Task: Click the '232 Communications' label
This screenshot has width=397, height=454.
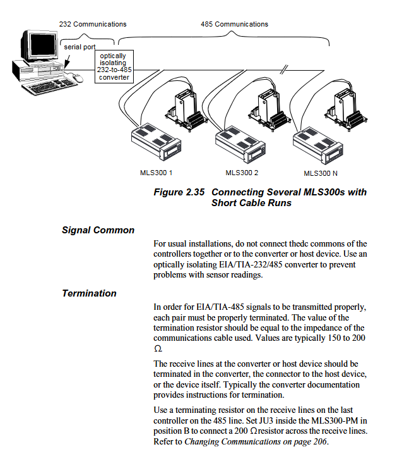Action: click(x=93, y=24)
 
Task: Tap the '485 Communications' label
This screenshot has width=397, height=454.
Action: click(x=234, y=24)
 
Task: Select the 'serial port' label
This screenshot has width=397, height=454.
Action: click(x=79, y=47)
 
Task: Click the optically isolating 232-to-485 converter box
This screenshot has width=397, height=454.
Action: click(x=113, y=66)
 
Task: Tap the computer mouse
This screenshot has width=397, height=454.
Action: click(x=77, y=78)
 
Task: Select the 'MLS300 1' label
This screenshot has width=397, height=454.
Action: click(x=156, y=172)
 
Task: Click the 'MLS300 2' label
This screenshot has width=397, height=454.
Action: click(x=242, y=172)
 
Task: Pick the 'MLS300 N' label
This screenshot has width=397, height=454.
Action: click(x=321, y=173)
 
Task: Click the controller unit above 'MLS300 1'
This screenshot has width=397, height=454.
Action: click(x=155, y=140)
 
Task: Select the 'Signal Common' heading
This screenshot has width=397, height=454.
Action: click(x=98, y=230)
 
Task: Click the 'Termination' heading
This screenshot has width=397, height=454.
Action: click(x=89, y=293)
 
